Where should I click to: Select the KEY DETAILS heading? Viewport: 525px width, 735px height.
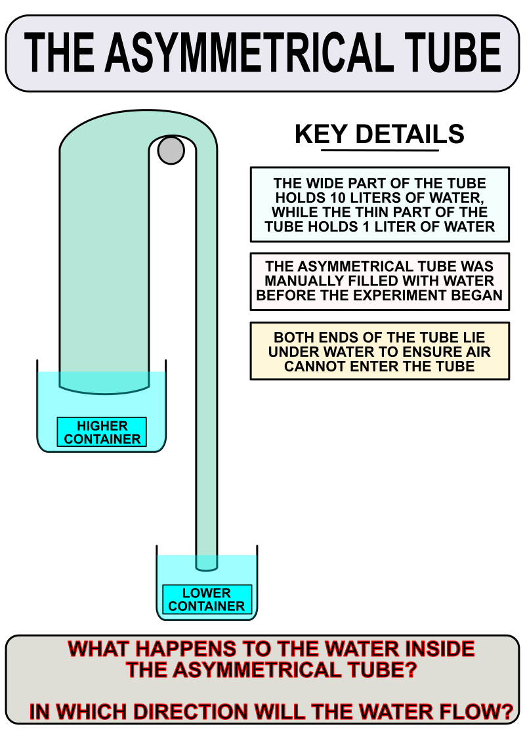379,134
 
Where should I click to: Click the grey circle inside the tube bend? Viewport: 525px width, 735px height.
171,150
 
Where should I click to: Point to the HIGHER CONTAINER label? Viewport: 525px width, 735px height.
102,432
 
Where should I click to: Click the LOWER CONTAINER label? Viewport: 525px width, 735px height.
207,600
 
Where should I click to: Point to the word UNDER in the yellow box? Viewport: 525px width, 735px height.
295,352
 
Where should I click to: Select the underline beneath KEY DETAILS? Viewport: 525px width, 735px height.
380,150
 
